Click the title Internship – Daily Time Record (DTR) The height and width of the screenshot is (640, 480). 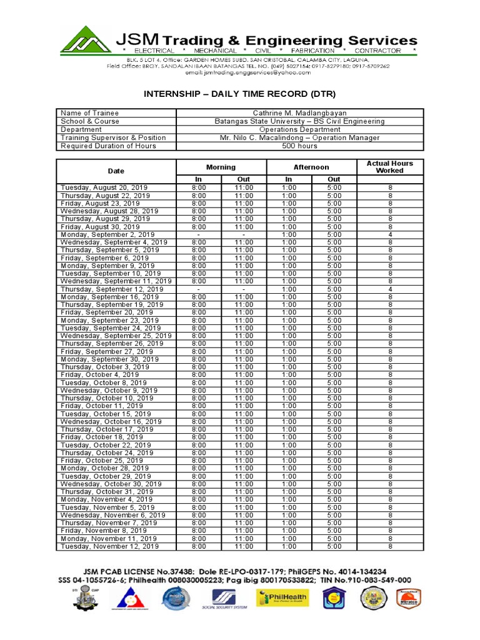(x=240, y=94)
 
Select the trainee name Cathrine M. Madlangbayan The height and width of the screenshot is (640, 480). (x=299, y=113)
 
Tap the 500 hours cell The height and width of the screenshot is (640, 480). (x=299, y=146)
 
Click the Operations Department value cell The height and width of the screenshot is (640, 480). (x=299, y=129)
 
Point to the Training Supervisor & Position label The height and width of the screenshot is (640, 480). (x=113, y=137)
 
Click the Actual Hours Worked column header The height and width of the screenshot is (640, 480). (x=389, y=167)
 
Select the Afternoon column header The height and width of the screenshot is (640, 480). (x=311, y=167)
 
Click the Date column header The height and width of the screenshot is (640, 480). (x=116, y=171)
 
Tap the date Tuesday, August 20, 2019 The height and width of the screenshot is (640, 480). (x=104, y=187)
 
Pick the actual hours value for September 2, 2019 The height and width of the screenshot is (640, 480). (x=389, y=234)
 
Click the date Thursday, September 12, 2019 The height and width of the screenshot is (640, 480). (x=112, y=289)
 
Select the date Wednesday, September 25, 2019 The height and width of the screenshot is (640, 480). (x=116, y=336)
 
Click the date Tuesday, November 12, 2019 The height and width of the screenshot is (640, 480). (x=109, y=546)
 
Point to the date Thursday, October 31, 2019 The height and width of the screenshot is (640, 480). (x=107, y=492)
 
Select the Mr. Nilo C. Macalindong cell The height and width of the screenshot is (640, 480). (x=299, y=137)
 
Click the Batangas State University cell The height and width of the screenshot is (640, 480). (x=299, y=121)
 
